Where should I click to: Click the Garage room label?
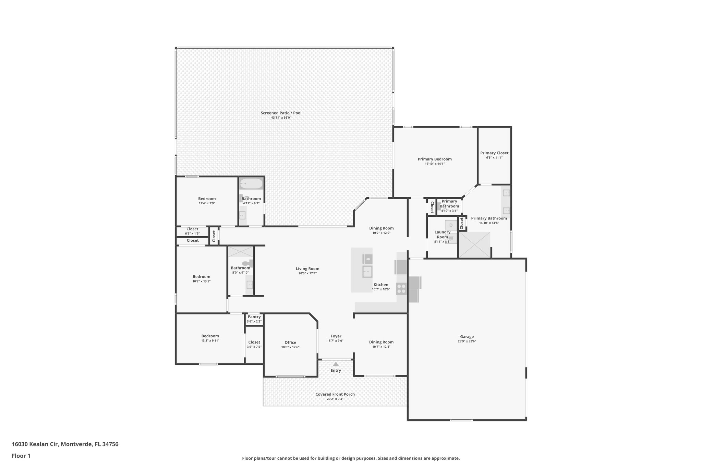467,337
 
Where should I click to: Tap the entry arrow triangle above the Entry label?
336,364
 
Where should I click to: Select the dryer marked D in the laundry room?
451,225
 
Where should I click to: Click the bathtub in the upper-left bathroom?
251,184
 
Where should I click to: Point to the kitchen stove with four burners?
401,289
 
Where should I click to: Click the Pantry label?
254,317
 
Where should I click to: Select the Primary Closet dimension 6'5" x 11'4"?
494,158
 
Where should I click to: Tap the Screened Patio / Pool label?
281,113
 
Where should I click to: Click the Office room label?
290,343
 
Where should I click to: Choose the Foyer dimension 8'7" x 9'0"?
336,341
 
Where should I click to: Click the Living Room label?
307,269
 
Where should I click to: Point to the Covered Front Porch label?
335,394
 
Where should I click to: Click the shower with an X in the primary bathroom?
474,245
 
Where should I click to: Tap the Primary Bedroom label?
434,159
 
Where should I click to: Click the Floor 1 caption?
21,456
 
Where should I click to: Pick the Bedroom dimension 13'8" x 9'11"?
210,340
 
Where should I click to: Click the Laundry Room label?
442,235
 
